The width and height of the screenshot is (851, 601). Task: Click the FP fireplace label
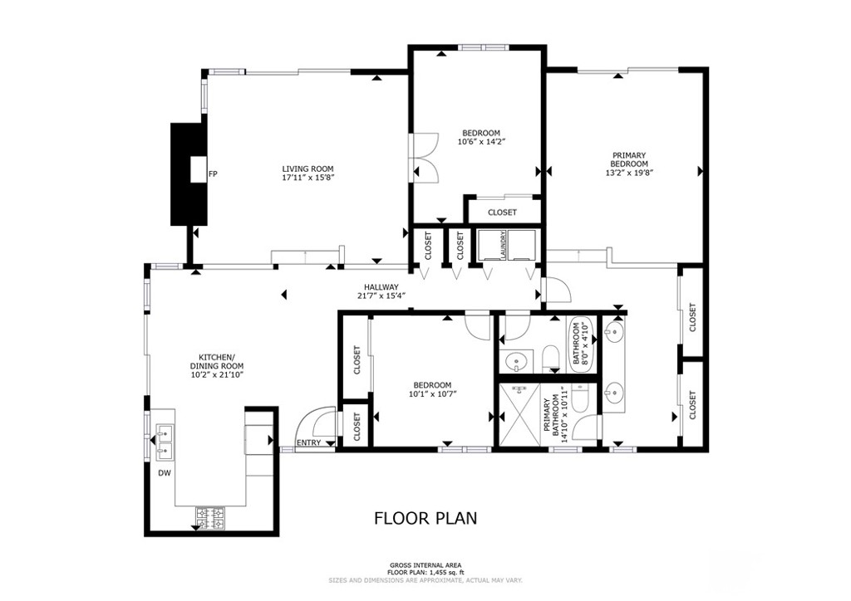[x=214, y=174]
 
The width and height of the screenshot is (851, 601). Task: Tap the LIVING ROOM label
[x=308, y=167]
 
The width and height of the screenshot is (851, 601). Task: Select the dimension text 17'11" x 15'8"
[x=308, y=177]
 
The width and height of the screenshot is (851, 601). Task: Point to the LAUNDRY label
[x=503, y=246]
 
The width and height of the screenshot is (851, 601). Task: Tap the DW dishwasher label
[x=165, y=474]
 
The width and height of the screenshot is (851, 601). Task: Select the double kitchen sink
[x=164, y=442]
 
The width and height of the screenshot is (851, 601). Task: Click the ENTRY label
[x=308, y=442]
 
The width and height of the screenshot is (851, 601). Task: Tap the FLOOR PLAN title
[x=425, y=519]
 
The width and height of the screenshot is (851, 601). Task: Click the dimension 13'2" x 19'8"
[x=629, y=173]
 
